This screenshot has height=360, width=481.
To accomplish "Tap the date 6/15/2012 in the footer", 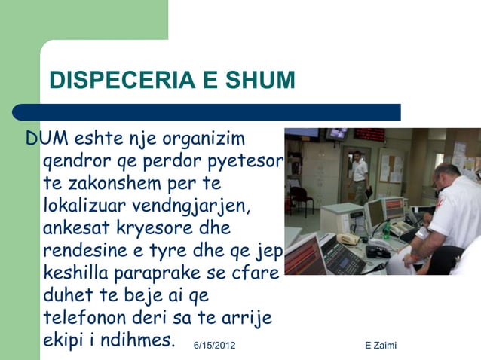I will point(214,345).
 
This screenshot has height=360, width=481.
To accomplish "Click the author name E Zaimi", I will point(380,345).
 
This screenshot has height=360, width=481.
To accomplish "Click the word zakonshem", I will point(132,183).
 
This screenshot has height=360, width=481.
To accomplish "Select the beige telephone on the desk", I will point(348,239).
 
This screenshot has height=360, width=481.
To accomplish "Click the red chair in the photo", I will point(301,197).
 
